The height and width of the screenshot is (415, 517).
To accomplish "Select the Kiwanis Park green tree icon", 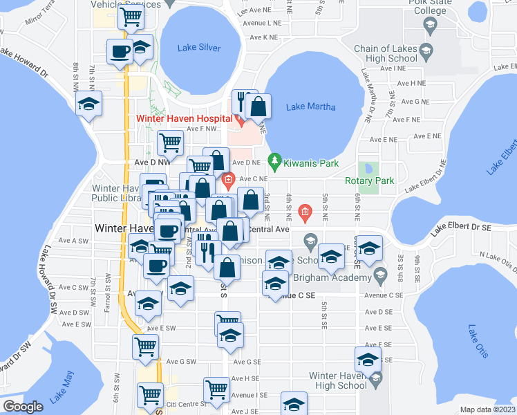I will tap(274, 163).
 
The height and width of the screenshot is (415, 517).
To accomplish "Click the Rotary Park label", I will tap(369, 181).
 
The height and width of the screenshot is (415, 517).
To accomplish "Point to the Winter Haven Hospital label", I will tap(182, 118).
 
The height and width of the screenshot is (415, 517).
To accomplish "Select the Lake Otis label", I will tap(477, 341).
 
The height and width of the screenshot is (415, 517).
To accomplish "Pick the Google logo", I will tap(23, 406).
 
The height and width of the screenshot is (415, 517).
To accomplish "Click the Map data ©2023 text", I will tap(487, 409).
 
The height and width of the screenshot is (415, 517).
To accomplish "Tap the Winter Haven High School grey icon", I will tap(375, 378).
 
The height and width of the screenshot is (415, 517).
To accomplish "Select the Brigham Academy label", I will tap(333, 277).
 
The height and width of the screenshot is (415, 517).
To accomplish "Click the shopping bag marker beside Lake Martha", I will tap(258, 107).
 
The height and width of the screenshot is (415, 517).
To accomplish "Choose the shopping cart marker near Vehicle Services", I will tap(130, 17).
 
